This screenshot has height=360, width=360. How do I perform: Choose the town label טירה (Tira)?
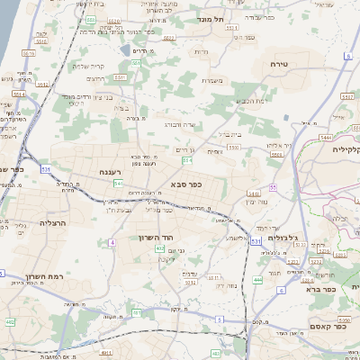click(279, 65)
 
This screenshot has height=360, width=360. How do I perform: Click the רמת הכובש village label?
click(243, 102)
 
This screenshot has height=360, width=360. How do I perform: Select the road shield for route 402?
click(159, 248)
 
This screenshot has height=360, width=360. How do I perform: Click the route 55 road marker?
click(271, 186)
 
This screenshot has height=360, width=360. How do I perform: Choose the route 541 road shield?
click(118, 183)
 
